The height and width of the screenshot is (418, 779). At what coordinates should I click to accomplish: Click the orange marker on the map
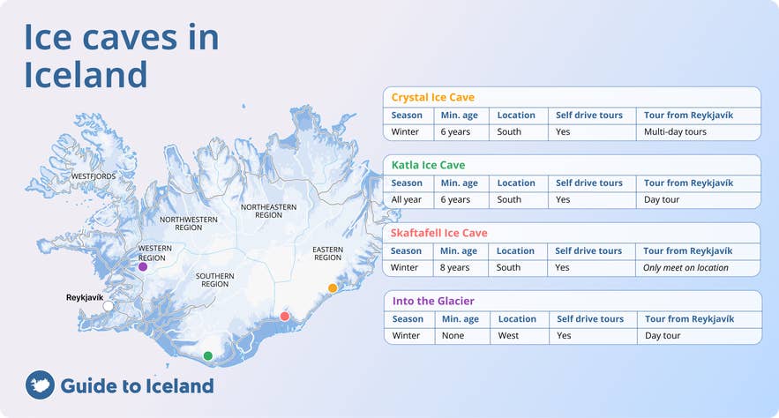tap(333, 287)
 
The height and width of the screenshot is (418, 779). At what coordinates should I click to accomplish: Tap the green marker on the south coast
tap(208, 356)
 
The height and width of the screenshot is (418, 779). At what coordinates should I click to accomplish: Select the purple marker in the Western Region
tap(143, 266)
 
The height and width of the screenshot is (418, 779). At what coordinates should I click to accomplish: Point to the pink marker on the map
tap(285, 316)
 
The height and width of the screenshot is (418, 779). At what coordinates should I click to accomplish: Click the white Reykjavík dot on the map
tap(109, 306)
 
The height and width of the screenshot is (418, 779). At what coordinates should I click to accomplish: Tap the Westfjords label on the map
tap(93, 176)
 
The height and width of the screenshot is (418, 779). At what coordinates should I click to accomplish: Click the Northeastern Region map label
tap(268, 211)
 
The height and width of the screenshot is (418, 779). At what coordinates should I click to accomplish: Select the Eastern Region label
tap(327, 254)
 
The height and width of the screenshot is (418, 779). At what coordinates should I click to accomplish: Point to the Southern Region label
tap(214, 280)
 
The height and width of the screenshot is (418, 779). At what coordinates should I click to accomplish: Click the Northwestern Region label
tap(188, 222)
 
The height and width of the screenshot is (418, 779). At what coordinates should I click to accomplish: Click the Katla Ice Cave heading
tap(428, 165)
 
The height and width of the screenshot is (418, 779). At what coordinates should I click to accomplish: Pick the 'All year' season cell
tap(407, 199)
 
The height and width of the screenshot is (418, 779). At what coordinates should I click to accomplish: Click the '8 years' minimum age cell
tap(456, 267)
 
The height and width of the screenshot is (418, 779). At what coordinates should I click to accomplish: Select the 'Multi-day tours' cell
tap(676, 131)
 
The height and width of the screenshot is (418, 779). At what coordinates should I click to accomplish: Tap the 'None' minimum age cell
tap(453, 335)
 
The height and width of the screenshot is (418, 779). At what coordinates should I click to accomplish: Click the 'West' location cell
tap(508, 335)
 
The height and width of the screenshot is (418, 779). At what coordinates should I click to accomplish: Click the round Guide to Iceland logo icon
tap(40, 385)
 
